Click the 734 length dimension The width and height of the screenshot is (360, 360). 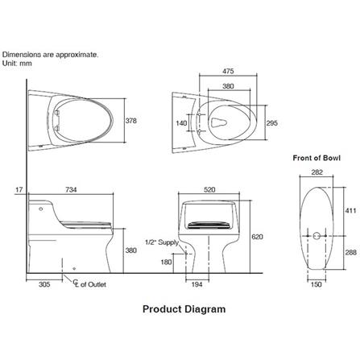pos(71,189)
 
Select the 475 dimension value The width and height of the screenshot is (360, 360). pos(228,71)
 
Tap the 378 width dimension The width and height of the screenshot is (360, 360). pos(131,121)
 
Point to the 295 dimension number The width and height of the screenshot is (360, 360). pos(272,123)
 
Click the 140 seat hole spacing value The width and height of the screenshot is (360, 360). pos(181,123)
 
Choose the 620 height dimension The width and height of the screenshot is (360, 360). pos(257,237)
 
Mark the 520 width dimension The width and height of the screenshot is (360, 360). pos(209,190)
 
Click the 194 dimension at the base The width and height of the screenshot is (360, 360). pos(197,284)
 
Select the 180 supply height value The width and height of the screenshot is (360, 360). pos(166,262)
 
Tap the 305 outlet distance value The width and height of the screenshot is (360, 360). pos(44,284)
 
